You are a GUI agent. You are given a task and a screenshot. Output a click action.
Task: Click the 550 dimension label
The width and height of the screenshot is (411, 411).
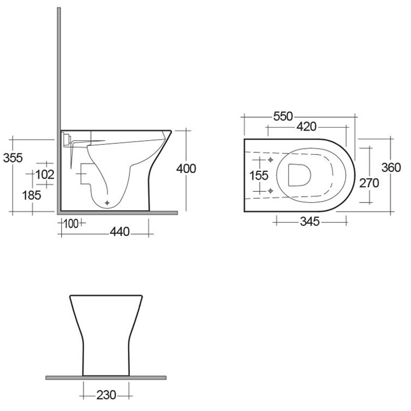[284, 116]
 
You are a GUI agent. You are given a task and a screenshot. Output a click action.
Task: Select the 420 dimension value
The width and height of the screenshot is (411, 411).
[306, 127]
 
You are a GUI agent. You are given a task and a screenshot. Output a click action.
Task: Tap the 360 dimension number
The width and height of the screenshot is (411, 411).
[391, 168]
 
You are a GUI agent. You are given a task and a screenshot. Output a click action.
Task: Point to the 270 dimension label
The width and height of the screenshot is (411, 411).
[368, 183]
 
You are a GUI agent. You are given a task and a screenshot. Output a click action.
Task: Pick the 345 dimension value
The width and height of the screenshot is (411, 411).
[310, 221]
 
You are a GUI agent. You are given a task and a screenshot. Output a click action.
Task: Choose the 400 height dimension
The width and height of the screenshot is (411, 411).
[186, 169]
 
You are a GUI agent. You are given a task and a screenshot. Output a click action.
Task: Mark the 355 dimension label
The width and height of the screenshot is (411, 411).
[12, 158]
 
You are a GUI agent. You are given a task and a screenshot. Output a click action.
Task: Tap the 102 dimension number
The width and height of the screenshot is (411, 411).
[45, 175]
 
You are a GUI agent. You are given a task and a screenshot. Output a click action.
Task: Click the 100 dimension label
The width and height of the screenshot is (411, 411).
[70, 223]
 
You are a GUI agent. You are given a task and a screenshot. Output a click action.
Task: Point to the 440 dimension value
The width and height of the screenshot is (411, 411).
[119, 232]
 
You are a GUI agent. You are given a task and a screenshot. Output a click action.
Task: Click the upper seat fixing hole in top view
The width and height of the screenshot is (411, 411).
[271, 161]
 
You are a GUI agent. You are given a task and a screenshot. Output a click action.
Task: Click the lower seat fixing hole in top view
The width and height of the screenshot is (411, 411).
[271, 190]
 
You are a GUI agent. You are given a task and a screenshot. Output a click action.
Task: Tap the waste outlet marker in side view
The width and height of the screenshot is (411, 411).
[107, 203]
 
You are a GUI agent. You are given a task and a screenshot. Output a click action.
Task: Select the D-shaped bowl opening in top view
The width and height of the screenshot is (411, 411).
[298, 175]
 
